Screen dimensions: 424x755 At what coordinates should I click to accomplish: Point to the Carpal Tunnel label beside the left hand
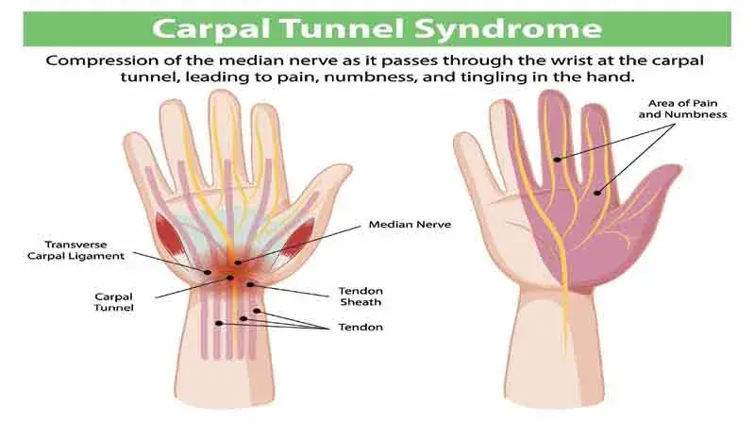[112, 302]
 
